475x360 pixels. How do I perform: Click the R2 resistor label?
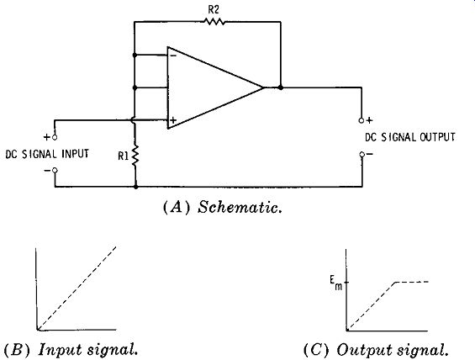(x=214, y=10)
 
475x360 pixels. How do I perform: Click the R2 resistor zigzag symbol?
(x=214, y=22)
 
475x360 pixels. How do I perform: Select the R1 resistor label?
(x=124, y=156)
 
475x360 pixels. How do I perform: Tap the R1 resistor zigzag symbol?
(x=135, y=155)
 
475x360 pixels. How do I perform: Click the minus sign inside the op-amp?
(x=173, y=56)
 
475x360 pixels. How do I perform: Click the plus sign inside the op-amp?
(x=173, y=120)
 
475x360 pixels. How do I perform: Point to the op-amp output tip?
(x=263, y=87)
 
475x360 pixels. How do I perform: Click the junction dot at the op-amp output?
(x=281, y=87)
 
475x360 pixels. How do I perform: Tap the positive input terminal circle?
(x=55, y=137)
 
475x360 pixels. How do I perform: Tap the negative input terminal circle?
(x=55, y=170)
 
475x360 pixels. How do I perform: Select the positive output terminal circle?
(x=362, y=120)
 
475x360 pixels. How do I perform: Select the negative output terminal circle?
(x=362, y=155)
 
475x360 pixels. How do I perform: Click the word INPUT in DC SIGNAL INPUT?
(x=76, y=154)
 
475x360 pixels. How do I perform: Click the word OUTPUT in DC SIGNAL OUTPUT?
(x=437, y=137)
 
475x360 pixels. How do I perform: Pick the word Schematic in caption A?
(x=240, y=208)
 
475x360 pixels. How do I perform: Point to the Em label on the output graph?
(x=336, y=283)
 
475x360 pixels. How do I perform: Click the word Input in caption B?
(x=60, y=349)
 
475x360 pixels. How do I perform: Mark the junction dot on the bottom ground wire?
(x=135, y=187)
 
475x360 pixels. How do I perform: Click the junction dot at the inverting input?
(x=135, y=56)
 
